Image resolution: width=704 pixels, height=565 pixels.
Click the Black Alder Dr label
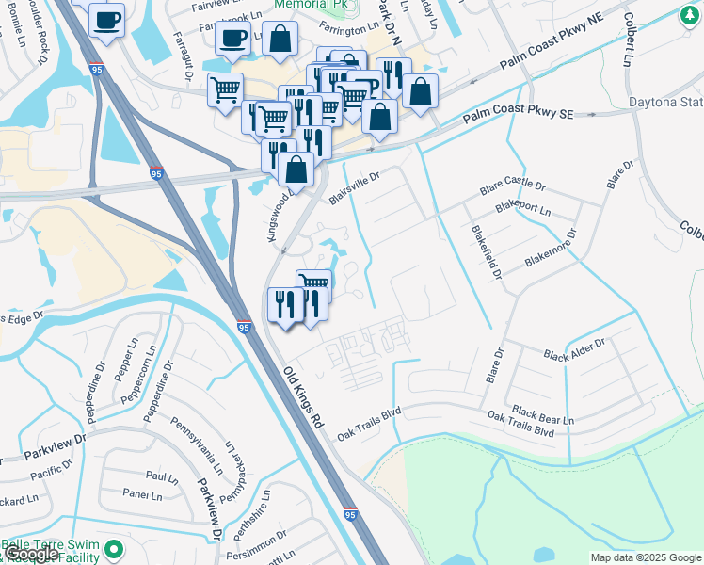click(574, 351)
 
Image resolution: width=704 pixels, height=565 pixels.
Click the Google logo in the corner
click(31, 554)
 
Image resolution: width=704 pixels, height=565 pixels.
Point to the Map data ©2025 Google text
click(645, 557)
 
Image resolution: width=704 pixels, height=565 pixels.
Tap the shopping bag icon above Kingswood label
click(296, 170)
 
